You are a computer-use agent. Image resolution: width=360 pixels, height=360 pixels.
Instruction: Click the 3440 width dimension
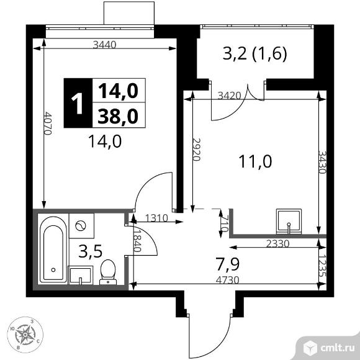[x=106, y=44]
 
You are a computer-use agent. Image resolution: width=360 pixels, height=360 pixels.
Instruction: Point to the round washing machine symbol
[x=81, y=227]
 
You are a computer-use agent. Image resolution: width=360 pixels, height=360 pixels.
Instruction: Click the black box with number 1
[x=78, y=102]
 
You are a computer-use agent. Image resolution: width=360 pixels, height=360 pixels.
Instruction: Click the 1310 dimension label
[x=156, y=218]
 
